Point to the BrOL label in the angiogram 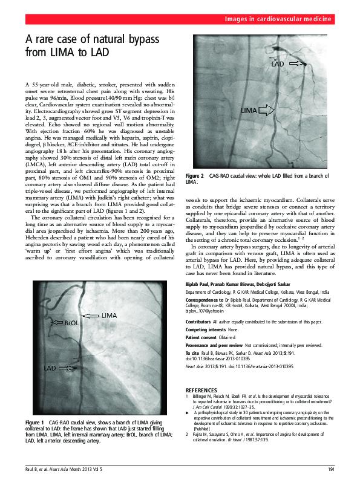point(71,323)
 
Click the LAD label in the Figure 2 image point(278,64)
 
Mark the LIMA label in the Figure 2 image point(249,111)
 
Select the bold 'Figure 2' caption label point(194,175)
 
